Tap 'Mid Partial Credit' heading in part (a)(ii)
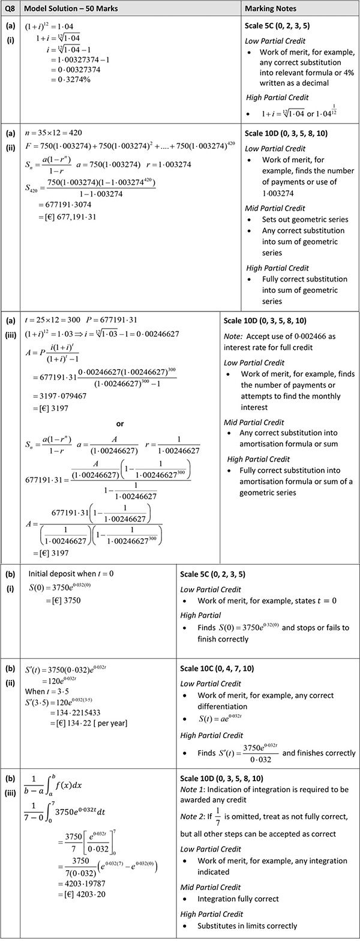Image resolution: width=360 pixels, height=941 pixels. (275, 208)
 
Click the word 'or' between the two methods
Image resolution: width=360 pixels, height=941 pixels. (120, 424)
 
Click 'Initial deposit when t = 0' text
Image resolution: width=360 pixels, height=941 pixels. (71, 574)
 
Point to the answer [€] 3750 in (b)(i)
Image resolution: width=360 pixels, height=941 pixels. (63, 600)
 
